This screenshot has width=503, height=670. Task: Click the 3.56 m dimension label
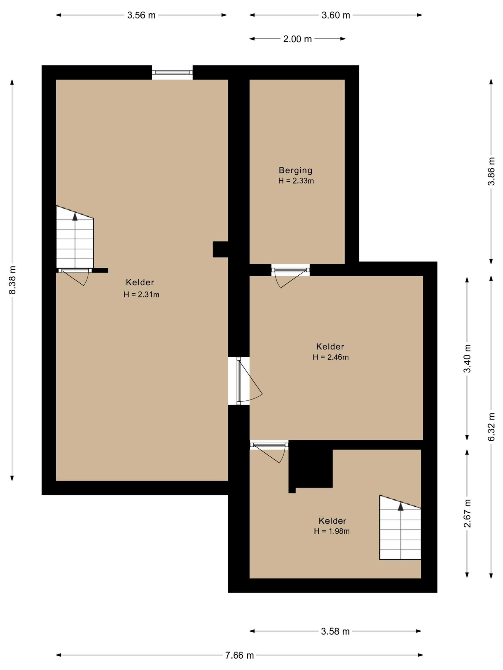pyautogui.click(x=141, y=15)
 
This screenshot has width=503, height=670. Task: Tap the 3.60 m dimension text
pyautogui.click(x=336, y=15)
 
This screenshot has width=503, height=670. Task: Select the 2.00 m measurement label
pyautogui.click(x=297, y=39)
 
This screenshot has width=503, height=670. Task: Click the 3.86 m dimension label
pyautogui.click(x=491, y=171)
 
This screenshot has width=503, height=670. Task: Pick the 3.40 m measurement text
pyautogui.click(x=467, y=358)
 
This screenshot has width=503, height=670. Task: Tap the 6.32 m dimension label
pyautogui.click(x=491, y=427)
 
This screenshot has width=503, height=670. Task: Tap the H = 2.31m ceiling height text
pyautogui.click(x=141, y=294)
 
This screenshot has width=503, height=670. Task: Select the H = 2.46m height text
pyautogui.click(x=331, y=357)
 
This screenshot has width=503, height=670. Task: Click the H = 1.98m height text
pyautogui.click(x=332, y=531)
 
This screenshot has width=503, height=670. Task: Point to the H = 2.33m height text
pyautogui.click(x=296, y=181)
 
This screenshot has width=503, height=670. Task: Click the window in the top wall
pyautogui.click(x=172, y=72)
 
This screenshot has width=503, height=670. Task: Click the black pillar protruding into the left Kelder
pyautogui.click(x=220, y=249)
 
